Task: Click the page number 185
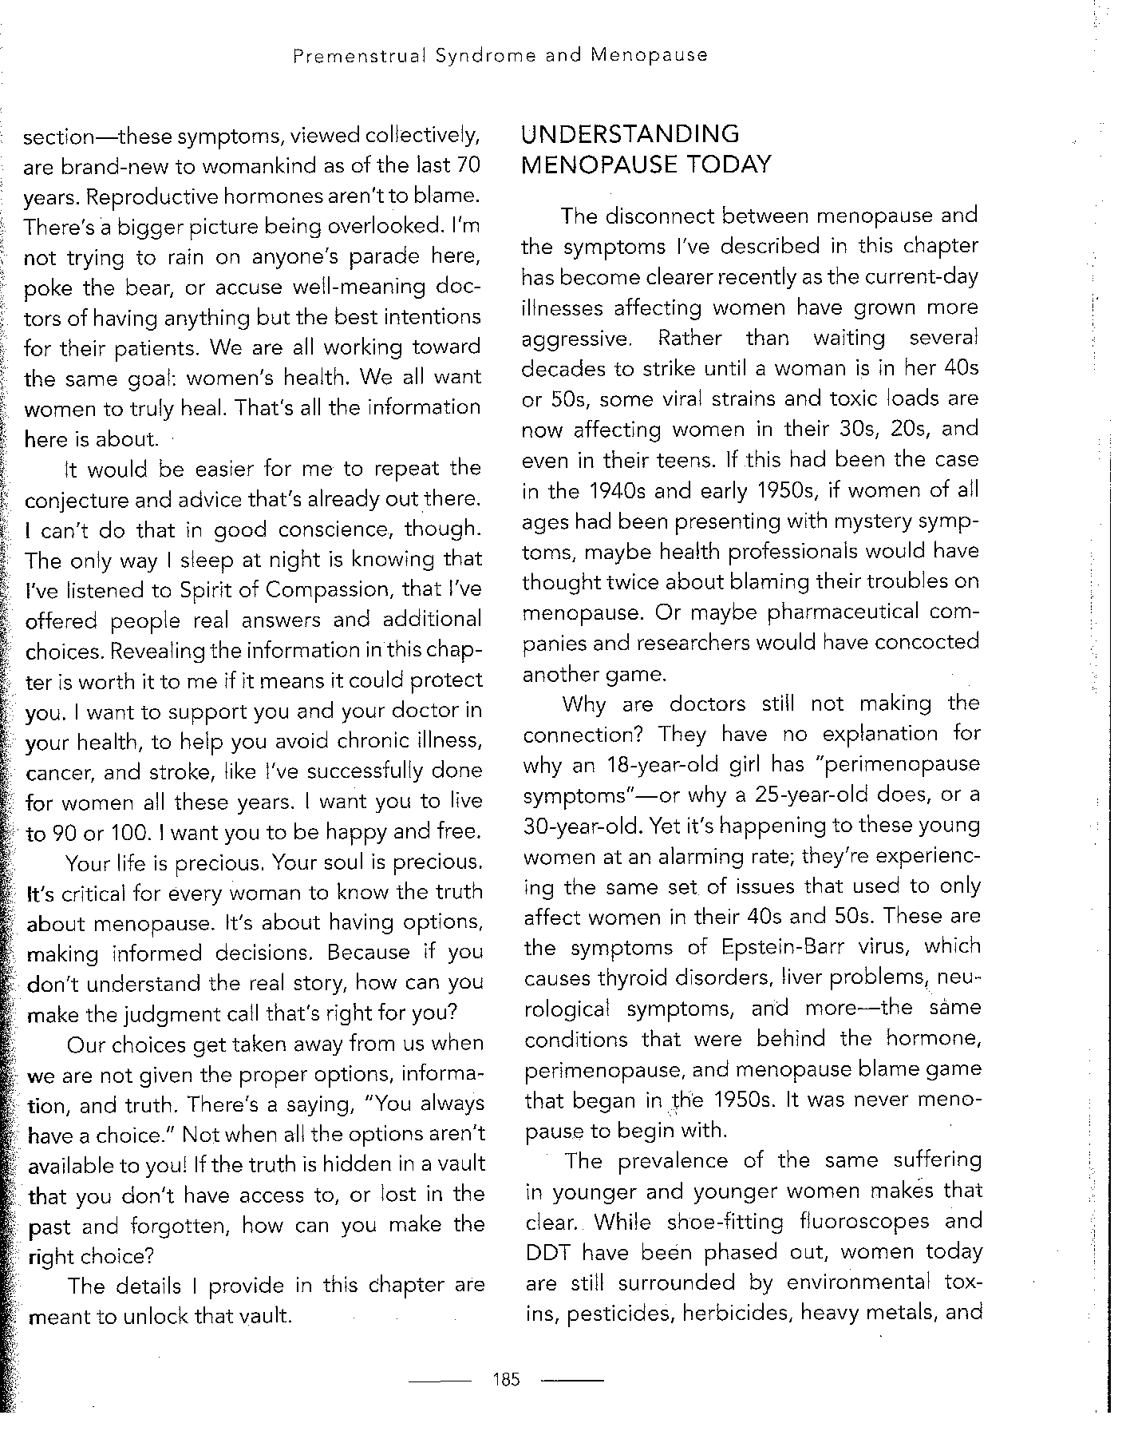click(507, 1378)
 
